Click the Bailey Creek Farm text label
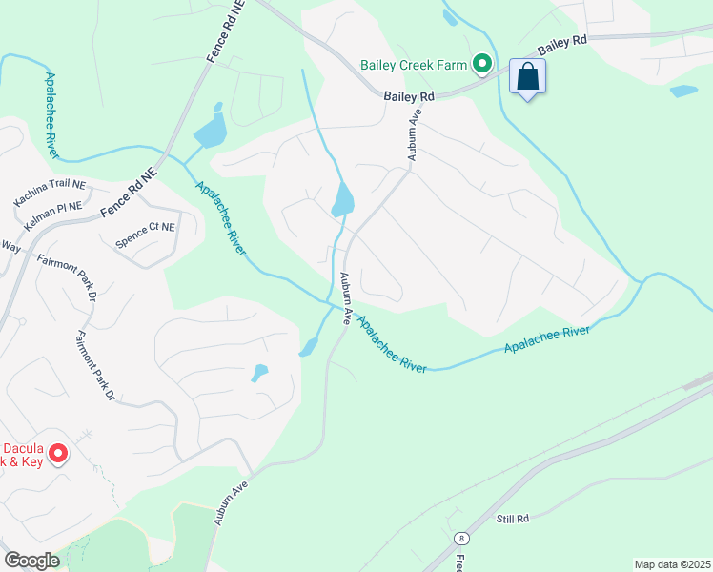(414, 66)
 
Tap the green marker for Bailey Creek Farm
(482, 65)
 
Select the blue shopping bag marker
(527, 76)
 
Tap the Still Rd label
(511, 519)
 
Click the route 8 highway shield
(461, 538)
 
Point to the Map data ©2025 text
(672, 564)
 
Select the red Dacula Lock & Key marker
(57, 453)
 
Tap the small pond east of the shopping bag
(683, 92)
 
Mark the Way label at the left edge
(10, 245)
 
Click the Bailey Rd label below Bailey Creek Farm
(409, 96)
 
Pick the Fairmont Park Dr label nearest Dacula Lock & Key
(96, 366)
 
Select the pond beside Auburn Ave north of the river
(342, 199)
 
